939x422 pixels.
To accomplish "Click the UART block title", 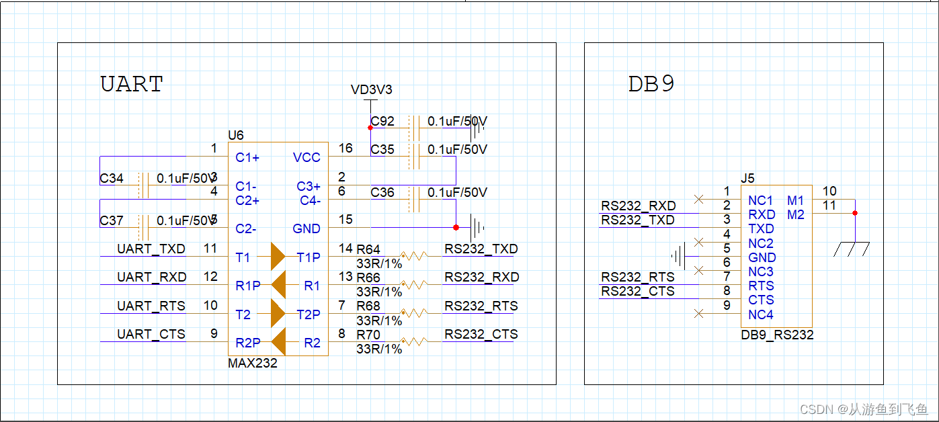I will (x=132, y=85).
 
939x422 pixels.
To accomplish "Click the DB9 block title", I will (x=651, y=84).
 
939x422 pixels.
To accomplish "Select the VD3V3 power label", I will (x=371, y=90).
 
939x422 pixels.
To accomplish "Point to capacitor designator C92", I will (x=382, y=122).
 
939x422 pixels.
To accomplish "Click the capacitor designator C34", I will (x=112, y=179).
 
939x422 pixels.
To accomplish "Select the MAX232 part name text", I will (x=253, y=363).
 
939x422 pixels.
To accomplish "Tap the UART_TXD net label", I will (x=151, y=249).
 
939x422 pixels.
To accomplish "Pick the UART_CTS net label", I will (x=151, y=334).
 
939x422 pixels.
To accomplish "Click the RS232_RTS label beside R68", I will (x=481, y=306).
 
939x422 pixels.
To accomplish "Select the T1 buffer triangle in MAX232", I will (x=278, y=256).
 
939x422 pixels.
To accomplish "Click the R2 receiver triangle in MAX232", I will (x=278, y=341).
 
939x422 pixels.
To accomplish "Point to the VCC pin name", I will (x=307, y=158).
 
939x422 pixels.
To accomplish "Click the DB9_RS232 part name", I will (x=777, y=335).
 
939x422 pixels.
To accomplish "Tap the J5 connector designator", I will (x=747, y=179).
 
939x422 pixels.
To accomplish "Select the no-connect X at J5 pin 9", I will (x=699, y=313).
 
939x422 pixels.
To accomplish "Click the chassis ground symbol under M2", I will (x=852, y=249).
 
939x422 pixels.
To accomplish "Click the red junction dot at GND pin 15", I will (x=456, y=227).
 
